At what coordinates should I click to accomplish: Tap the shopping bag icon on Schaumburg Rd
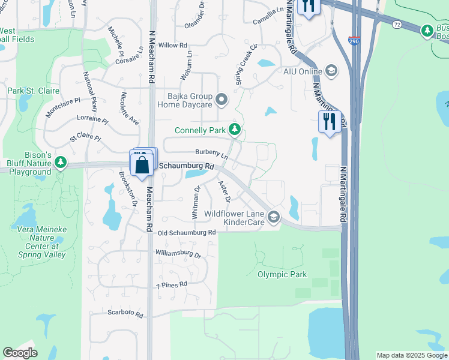point(142,165)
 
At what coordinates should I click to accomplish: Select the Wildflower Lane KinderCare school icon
point(274,217)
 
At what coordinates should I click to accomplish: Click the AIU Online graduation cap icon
point(331,71)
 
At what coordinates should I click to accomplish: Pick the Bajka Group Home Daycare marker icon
point(221,100)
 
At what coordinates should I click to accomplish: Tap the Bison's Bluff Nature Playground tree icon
point(61,162)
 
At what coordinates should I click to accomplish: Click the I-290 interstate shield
point(354,41)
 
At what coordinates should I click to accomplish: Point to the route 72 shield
point(397,24)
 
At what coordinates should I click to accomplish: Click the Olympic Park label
point(282,275)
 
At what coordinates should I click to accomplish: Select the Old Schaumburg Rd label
point(186,233)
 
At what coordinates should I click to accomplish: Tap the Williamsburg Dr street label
point(178,254)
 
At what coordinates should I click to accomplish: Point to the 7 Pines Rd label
point(172,284)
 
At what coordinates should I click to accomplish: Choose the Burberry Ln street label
point(211,154)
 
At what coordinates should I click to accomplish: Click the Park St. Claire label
point(31,91)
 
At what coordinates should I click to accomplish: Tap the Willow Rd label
point(173,46)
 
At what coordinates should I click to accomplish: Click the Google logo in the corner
point(20,353)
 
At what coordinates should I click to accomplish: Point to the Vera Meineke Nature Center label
point(38,238)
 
